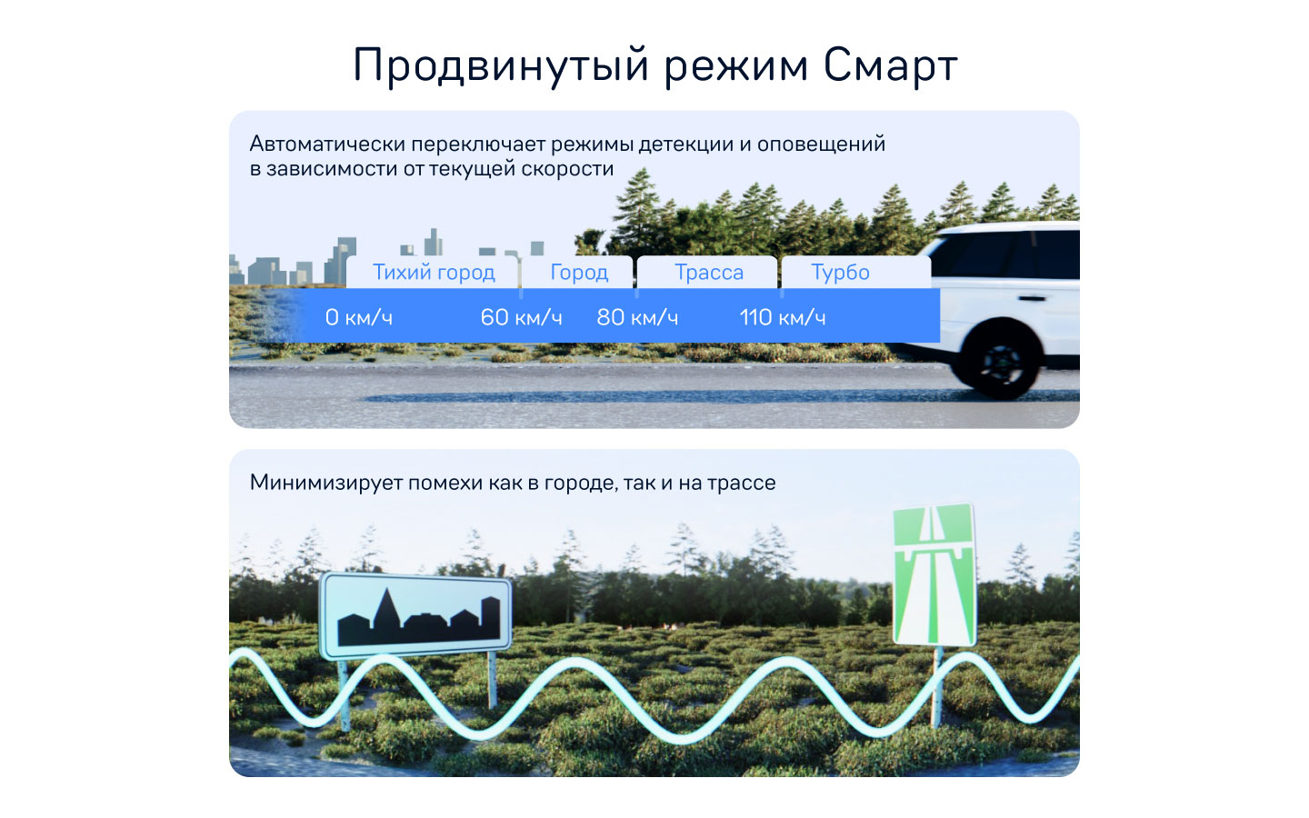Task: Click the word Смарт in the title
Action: pyautogui.click(x=890, y=65)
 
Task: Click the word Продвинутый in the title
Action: pyautogui.click(x=501, y=65)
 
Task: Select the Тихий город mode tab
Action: pyautogui.click(x=434, y=273)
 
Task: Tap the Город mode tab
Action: pyautogui.click(x=579, y=273)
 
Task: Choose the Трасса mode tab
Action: pyautogui.click(x=709, y=273)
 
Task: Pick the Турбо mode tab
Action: pyautogui.click(x=840, y=273)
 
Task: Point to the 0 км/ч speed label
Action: pyautogui.click(x=359, y=317)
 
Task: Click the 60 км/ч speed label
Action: pyautogui.click(x=521, y=317)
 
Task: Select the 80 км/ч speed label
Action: pyautogui.click(x=637, y=317)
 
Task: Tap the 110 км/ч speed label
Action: pyautogui.click(x=782, y=317)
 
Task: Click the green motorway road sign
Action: pyautogui.click(x=934, y=575)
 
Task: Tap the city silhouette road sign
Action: pyautogui.click(x=416, y=614)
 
